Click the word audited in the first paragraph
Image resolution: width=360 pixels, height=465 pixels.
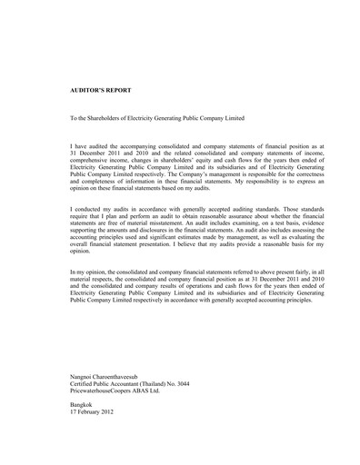pos(100,145)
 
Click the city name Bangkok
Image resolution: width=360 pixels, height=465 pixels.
pos(84,405)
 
